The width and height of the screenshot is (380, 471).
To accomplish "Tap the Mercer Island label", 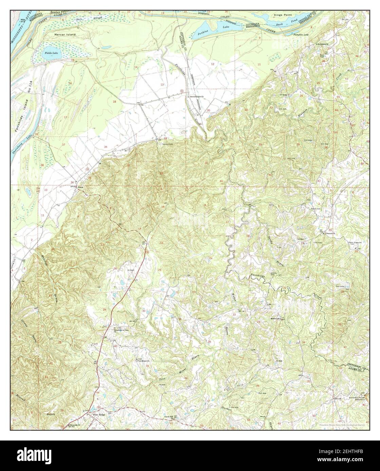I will pyautogui.click(x=65, y=35).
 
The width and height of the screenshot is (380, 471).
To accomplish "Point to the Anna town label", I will pyautogui.click(x=80, y=187).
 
